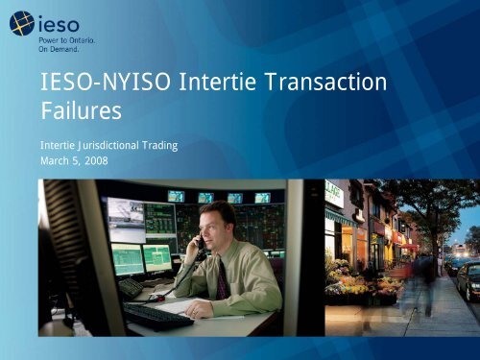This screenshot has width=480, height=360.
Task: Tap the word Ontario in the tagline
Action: click(75, 40)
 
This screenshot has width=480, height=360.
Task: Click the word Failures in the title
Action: click(81, 111)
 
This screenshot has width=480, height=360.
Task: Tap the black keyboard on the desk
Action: click(158, 314)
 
